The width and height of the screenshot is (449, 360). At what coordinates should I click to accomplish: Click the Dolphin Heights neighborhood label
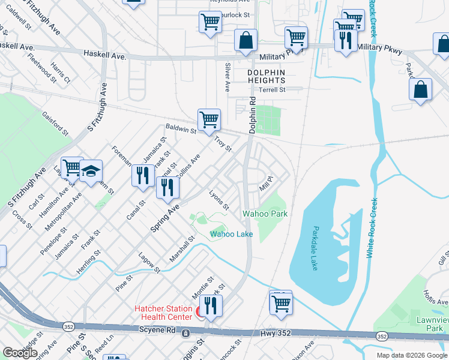click(266, 77)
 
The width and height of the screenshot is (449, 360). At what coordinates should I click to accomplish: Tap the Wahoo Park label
click(265, 214)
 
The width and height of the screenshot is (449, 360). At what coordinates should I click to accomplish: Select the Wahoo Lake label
click(231, 234)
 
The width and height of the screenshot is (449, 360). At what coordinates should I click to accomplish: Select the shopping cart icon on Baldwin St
click(209, 120)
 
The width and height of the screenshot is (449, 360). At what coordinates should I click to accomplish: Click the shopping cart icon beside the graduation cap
click(71, 168)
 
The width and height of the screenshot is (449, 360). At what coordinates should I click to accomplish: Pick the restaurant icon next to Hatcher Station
click(211, 305)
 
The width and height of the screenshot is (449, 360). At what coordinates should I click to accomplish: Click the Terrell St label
click(271, 90)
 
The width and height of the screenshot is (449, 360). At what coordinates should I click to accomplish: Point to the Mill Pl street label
click(266, 183)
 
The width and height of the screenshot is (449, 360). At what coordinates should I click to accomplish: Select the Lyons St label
click(218, 200)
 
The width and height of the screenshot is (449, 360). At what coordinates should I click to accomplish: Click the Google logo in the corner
click(20, 353)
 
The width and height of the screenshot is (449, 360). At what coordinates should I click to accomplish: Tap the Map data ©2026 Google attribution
click(412, 355)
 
